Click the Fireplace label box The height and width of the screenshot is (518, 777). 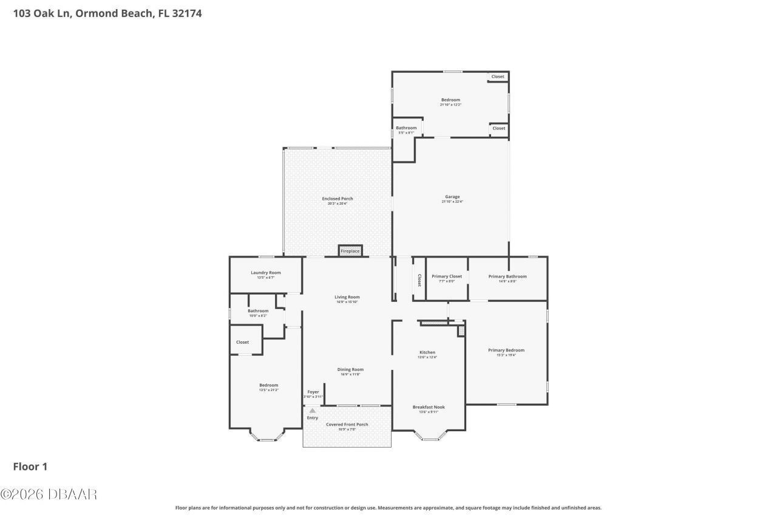pyautogui.click(x=350, y=251)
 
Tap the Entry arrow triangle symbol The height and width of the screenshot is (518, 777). pyautogui.click(x=313, y=411)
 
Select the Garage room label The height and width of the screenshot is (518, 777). pyautogui.click(x=452, y=197)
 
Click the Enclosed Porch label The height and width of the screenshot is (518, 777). pyautogui.click(x=338, y=199)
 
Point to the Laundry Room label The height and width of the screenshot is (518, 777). pyautogui.click(x=266, y=273)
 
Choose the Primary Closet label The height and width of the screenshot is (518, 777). pyautogui.click(x=447, y=277)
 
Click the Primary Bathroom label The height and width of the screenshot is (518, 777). pyautogui.click(x=507, y=277)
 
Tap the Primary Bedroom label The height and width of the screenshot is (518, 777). pyautogui.click(x=506, y=350)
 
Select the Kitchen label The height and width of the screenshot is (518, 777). pyautogui.click(x=427, y=353)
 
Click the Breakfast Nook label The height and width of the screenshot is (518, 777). pyautogui.click(x=429, y=407)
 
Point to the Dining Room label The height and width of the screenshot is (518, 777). pyautogui.click(x=350, y=370)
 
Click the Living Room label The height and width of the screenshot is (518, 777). pyautogui.click(x=347, y=298)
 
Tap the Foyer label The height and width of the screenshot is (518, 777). pyautogui.click(x=313, y=392)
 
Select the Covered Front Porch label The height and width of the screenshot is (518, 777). pyautogui.click(x=347, y=425)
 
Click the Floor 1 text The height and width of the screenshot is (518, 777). pyautogui.click(x=30, y=466)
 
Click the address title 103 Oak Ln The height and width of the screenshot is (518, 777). pyautogui.click(x=107, y=13)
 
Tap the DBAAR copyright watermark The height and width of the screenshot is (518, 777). pyautogui.click(x=49, y=494)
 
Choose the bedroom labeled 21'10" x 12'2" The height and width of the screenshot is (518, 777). pyautogui.click(x=450, y=100)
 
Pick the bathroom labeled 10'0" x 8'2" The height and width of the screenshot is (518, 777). pyautogui.click(x=258, y=312)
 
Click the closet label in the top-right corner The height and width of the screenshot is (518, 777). pyautogui.click(x=498, y=77)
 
